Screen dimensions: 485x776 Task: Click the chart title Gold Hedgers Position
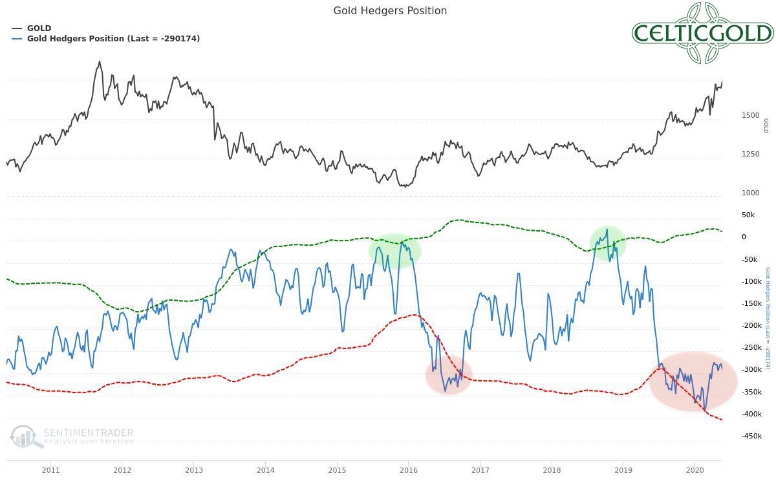coord(390,10)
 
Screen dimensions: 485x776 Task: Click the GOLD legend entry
coord(39,28)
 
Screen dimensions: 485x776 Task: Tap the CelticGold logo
coord(702,33)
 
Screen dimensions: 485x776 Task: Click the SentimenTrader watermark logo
coord(72,436)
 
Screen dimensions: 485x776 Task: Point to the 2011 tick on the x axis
coord(50,470)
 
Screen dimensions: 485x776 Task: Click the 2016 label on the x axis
coord(408,470)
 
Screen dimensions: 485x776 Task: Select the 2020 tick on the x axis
coord(695,470)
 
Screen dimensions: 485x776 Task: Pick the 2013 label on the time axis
coord(193,470)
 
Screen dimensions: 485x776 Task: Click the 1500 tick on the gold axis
coord(750,115)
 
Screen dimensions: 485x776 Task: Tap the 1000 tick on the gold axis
coord(750,193)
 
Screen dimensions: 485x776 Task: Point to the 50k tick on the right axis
coord(748,215)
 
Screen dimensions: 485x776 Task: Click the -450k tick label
coord(751,436)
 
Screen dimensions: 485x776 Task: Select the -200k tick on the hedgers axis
coord(751,325)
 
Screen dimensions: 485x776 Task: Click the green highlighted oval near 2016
coord(394,250)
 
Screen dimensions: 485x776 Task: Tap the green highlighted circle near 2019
coord(607,244)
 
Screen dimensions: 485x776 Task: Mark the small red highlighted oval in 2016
coord(449,375)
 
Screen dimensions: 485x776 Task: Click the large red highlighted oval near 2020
coord(693,382)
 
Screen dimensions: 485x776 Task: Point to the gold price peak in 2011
coord(99,62)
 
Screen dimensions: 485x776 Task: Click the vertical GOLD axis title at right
coord(766,125)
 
